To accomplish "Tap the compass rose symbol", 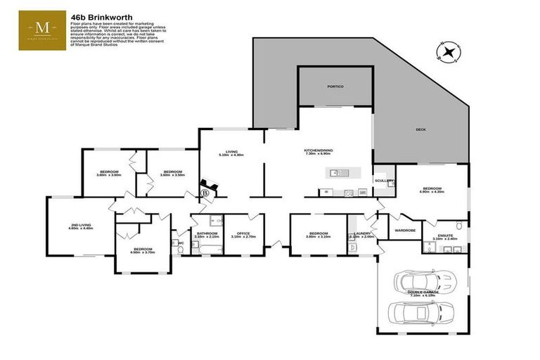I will click(446, 51).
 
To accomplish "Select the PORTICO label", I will click(335, 86).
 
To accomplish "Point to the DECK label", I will click(420, 129).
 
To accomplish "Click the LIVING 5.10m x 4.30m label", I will click(231, 153).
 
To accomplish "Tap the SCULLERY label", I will click(384, 181).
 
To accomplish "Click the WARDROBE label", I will click(406, 229).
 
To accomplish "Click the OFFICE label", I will click(243, 235).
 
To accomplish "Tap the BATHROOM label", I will click(207, 235).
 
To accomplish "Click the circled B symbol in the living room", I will click(205, 191).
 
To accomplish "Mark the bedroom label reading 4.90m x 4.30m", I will click(432, 190).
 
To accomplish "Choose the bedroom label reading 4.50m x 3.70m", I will click(143, 250).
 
